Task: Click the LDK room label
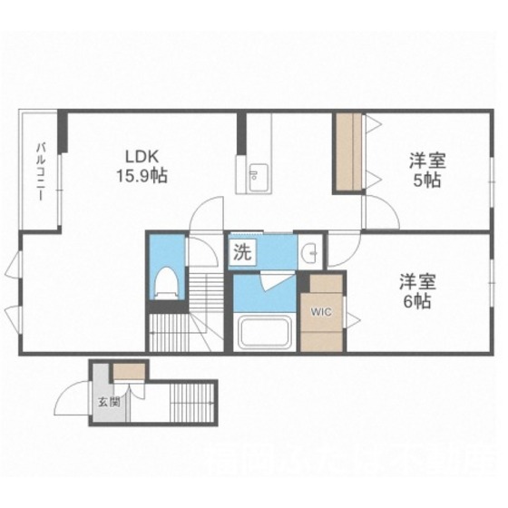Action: pos(142,154)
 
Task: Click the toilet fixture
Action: pos(166,281)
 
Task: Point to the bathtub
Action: pos(261,332)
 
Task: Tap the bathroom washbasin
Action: pos(309,251)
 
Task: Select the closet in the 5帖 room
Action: pos(348,152)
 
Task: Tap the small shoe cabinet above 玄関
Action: pos(122,371)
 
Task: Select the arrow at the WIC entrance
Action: pos(352,317)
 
